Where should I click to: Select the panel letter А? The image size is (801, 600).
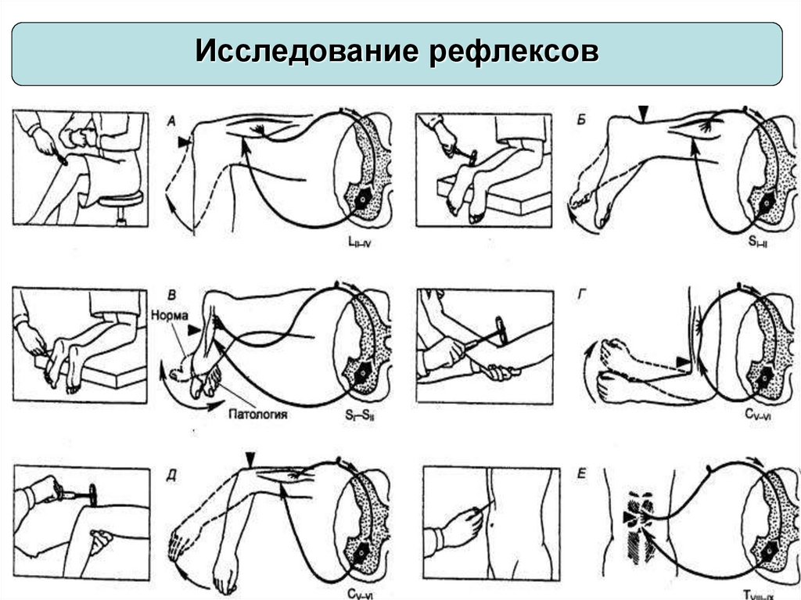point(173,120)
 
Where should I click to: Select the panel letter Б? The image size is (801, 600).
point(579,119)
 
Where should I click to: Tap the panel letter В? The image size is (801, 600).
point(173,293)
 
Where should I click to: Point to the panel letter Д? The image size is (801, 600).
point(173,472)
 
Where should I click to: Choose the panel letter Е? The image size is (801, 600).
point(580,473)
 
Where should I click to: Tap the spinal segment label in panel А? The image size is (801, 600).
point(359,244)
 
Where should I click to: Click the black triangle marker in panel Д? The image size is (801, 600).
point(250,457)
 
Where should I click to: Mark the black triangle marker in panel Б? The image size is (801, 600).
point(642,114)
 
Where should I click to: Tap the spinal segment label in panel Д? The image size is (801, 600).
point(360,592)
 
